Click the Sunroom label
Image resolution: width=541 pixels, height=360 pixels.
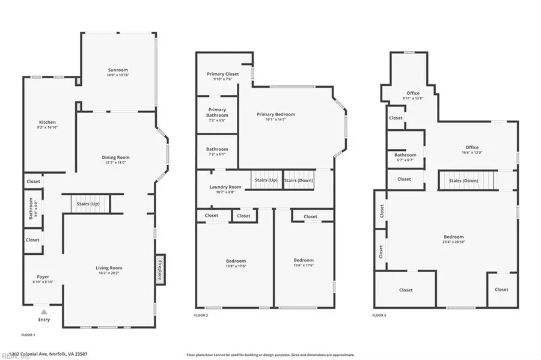(118, 70)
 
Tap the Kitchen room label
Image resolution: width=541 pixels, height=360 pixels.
(47, 122)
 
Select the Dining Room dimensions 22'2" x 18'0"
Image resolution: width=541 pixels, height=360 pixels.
(115, 162)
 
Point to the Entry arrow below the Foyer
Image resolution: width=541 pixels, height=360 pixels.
(44, 313)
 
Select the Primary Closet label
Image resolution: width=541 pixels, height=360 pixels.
(222, 74)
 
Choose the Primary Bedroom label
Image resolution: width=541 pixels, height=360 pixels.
(276, 114)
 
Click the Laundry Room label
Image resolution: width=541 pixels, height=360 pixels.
(225, 187)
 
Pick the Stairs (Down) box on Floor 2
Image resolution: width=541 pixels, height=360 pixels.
(298, 180)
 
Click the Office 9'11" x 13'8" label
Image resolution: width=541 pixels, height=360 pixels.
(413, 93)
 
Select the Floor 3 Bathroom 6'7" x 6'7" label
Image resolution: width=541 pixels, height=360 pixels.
(406, 155)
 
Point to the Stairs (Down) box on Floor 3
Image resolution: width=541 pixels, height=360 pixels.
(463, 180)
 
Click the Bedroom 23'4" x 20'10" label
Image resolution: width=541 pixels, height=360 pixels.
(454, 237)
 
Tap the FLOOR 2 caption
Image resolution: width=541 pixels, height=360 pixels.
(202, 315)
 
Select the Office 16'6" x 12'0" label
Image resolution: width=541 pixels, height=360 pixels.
(472, 147)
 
